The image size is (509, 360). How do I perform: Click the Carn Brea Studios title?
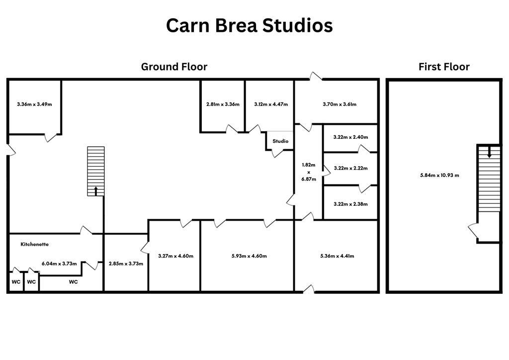point(249,25)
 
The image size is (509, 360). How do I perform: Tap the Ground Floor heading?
point(174,67)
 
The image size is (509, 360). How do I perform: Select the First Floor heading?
point(444,67)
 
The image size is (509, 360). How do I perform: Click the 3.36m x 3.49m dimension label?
point(34,104)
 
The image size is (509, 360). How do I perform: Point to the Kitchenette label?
point(35,244)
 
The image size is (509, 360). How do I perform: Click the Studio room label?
point(280,141)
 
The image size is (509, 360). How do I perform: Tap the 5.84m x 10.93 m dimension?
point(439,175)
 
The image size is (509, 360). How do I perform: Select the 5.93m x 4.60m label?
point(249,256)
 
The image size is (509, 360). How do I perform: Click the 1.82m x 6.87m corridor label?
point(309,172)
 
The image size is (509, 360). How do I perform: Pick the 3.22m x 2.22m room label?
point(350,168)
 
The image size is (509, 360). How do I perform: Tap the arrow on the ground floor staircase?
point(96,190)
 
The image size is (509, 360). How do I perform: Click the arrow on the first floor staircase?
point(489,153)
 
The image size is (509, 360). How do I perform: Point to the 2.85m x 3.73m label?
point(126,264)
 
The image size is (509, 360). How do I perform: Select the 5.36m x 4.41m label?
point(337,256)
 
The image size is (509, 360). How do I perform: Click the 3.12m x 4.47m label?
point(270,104)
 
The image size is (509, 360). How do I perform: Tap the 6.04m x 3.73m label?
point(59,264)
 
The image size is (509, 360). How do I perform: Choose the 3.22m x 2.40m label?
point(350,137)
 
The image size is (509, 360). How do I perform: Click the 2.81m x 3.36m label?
point(223,104)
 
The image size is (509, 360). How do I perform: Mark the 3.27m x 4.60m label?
point(175,256)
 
